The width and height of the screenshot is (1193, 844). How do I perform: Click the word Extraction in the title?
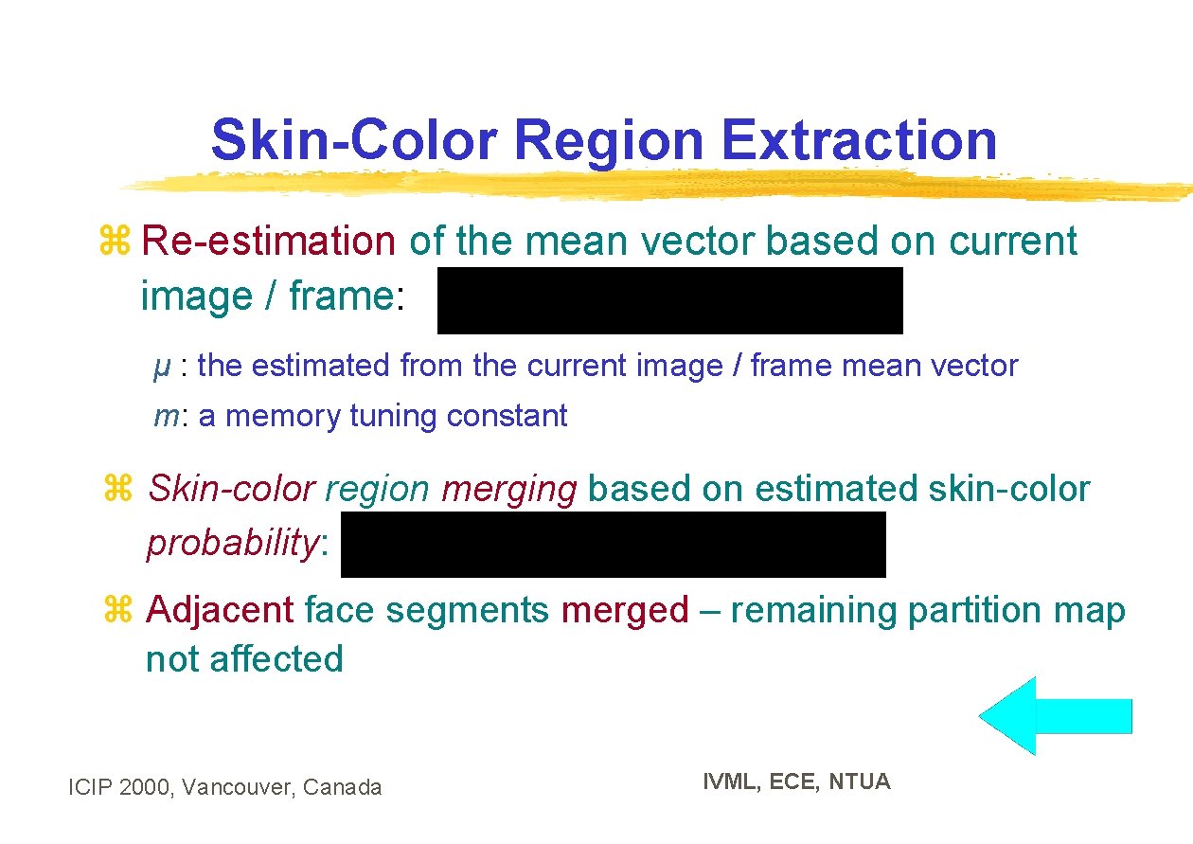pyautogui.click(x=858, y=140)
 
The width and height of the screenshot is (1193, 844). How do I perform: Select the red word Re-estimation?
pyautogui.click(x=268, y=242)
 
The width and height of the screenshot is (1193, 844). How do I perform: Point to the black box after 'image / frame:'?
pyautogui.click(x=669, y=300)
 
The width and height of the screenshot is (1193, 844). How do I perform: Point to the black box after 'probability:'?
pyautogui.click(x=613, y=545)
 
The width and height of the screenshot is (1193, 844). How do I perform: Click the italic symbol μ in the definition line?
pyautogui.click(x=162, y=367)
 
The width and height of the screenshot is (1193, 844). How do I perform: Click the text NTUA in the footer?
pyautogui.click(x=859, y=781)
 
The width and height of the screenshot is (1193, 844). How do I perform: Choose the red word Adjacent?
pyautogui.click(x=220, y=610)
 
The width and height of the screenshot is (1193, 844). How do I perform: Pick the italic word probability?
pyautogui.click(x=233, y=544)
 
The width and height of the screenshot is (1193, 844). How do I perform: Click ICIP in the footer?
pyautogui.click(x=92, y=787)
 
